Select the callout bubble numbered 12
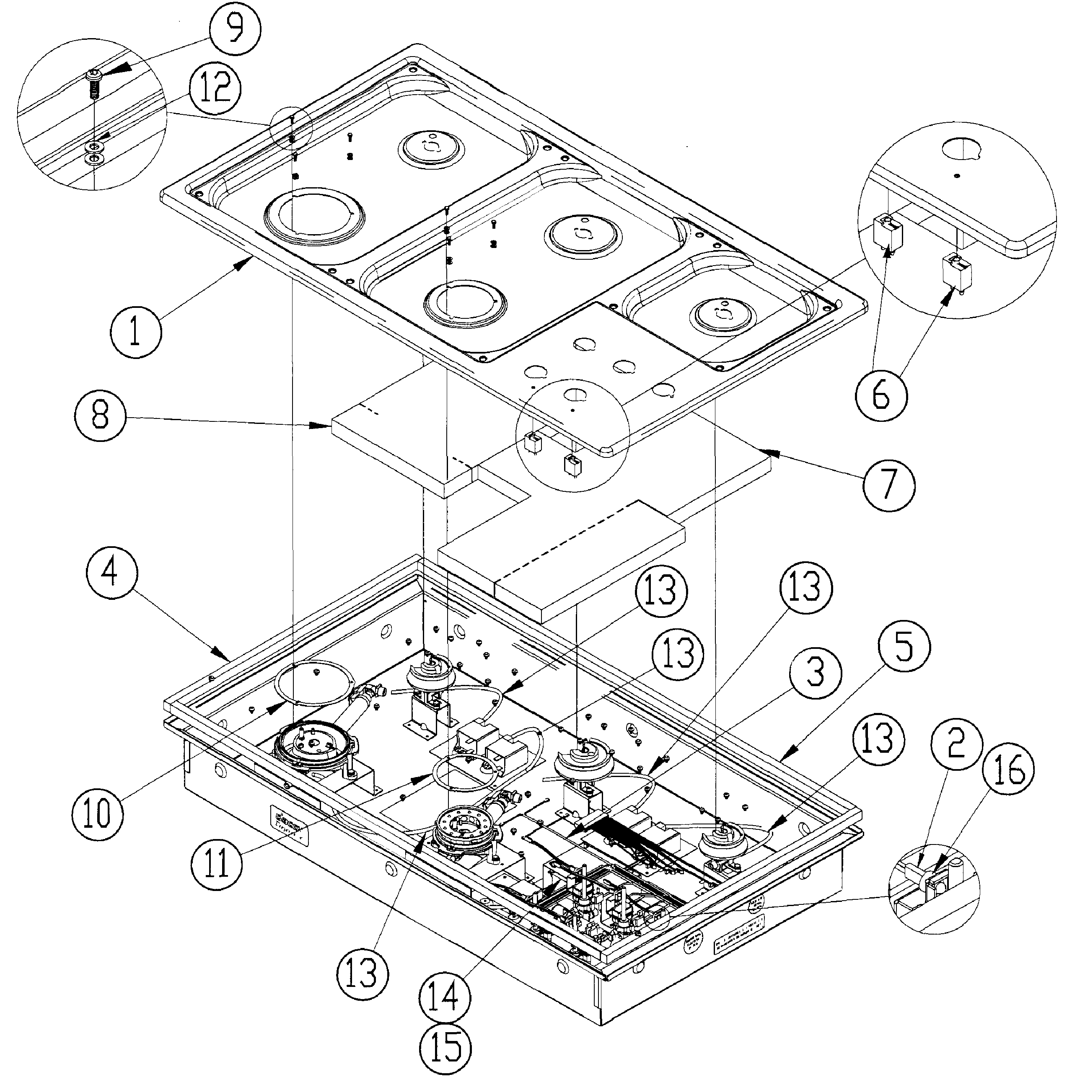pyautogui.click(x=214, y=91)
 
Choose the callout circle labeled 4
pyautogui.click(x=112, y=576)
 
